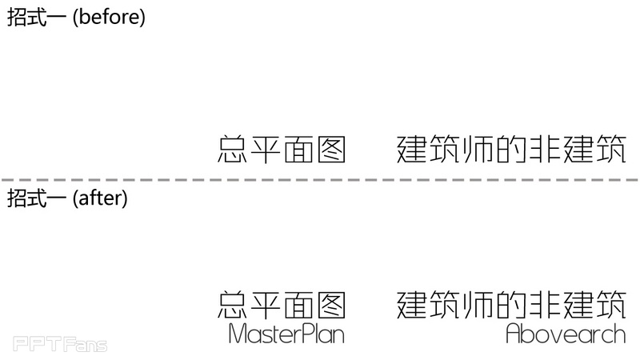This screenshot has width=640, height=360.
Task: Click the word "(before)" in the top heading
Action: click(109, 18)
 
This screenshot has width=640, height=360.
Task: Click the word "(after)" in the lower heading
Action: click(100, 198)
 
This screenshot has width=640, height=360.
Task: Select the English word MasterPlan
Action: click(286, 333)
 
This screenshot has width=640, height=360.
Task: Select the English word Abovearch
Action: click(566, 333)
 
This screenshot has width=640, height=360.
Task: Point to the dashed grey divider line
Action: click(320, 179)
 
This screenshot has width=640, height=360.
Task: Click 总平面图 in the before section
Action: click(282, 149)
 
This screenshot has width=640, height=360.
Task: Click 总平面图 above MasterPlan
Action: click(282, 305)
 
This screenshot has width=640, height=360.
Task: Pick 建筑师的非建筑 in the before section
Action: click(511, 149)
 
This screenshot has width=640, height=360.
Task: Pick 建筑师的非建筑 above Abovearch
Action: click(511, 305)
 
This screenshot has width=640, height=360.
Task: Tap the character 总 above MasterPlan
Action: click(233, 305)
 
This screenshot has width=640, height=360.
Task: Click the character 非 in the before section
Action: click(544, 149)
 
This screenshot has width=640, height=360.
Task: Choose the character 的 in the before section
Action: click(511, 149)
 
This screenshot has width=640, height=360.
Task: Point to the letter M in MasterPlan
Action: click(238, 333)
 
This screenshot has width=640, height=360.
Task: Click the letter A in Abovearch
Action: click(514, 333)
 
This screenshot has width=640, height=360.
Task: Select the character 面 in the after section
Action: click(298, 305)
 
